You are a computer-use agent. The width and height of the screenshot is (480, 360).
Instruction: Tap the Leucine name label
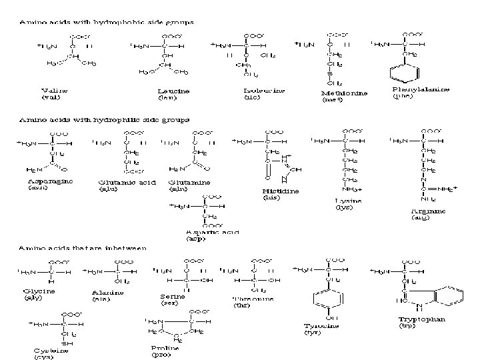[173, 91]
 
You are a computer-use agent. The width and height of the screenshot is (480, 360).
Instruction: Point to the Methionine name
[345, 93]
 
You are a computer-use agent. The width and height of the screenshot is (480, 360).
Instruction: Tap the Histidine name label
[281, 191]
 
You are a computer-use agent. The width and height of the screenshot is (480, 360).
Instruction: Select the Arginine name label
[428, 211]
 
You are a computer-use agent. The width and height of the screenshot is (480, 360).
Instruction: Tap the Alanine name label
[107, 292]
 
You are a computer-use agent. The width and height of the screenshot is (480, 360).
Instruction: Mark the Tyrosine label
[321, 326]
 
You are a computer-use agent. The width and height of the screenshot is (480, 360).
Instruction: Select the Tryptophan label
[422, 319]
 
